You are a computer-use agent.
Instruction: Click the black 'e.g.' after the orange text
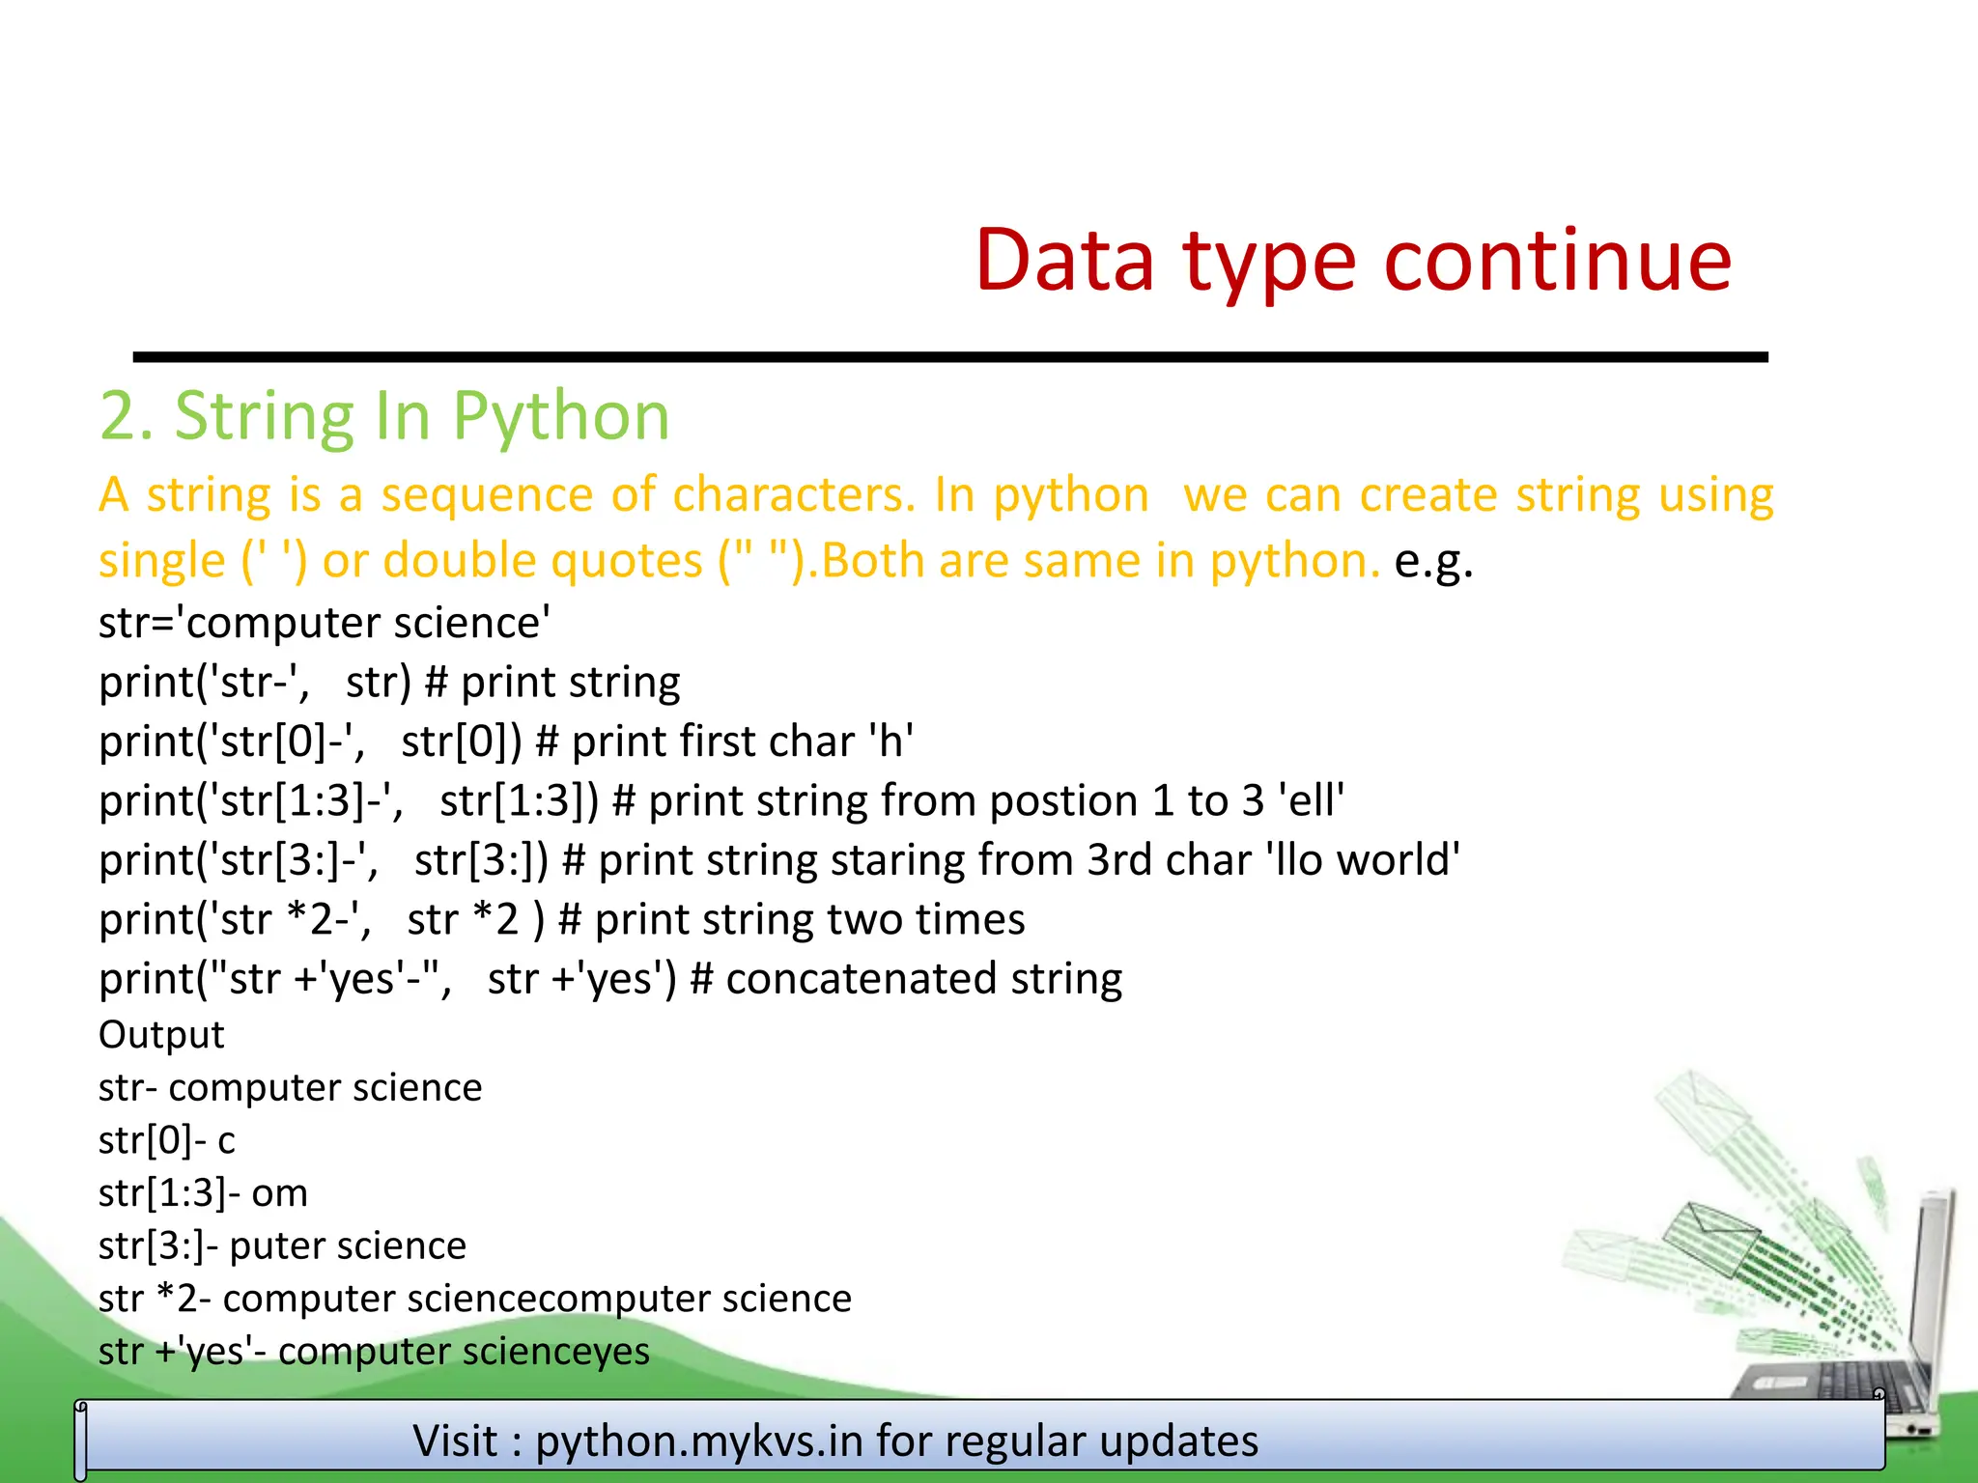[1433, 561]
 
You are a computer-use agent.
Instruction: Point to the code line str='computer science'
[325, 623]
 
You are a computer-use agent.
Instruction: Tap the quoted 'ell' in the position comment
[1311, 800]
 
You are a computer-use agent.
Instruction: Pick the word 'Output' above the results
[161, 1035]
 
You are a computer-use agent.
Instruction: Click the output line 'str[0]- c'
[166, 1140]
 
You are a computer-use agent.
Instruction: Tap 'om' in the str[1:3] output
[279, 1193]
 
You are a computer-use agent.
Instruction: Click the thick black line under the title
[949, 357]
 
